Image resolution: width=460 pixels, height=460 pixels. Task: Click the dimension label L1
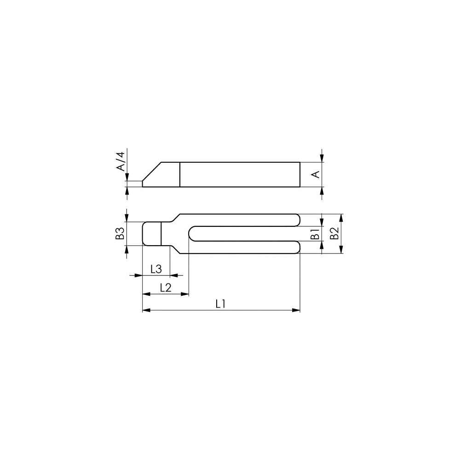click(220, 304)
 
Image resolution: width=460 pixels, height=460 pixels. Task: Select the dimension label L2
click(166, 288)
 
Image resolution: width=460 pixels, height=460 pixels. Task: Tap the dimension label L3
click(156, 269)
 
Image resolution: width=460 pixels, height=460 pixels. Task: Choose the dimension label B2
click(334, 233)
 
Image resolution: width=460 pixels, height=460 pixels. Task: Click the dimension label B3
click(120, 234)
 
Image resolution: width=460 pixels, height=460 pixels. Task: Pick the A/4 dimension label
click(121, 161)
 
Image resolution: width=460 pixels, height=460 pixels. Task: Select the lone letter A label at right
click(316, 174)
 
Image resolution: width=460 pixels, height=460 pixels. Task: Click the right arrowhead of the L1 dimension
click(296, 310)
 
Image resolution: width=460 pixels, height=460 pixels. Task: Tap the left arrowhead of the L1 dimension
click(146, 310)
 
